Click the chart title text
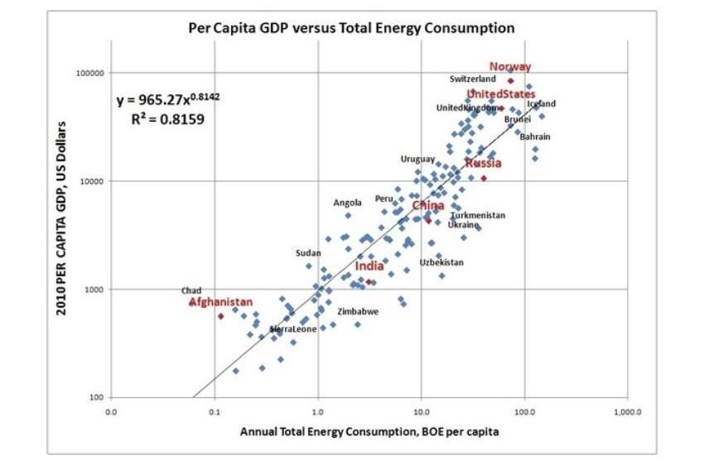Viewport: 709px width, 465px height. [x=352, y=28]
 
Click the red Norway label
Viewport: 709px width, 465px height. [x=510, y=67]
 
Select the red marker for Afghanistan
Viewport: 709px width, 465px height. [x=221, y=316]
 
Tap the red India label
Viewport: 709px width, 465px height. [x=369, y=266]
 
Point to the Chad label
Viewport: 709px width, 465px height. [x=191, y=291]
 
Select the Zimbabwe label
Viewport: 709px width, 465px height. [x=358, y=312]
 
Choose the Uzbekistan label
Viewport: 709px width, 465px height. [x=441, y=262]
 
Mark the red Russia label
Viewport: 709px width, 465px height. [x=483, y=163]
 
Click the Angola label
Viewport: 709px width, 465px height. [x=348, y=203]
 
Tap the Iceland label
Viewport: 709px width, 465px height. [x=542, y=104]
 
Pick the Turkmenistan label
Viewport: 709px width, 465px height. [x=477, y=215]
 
